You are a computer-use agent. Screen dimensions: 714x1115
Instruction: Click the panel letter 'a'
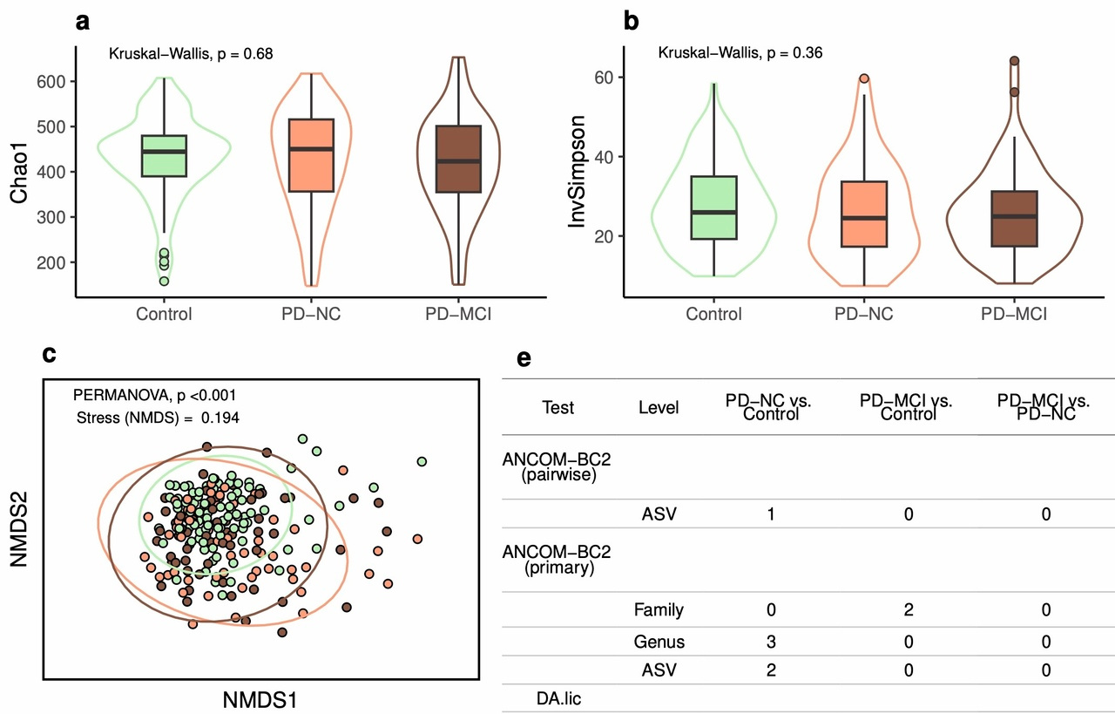83,22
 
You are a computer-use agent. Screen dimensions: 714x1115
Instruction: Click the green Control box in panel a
165,156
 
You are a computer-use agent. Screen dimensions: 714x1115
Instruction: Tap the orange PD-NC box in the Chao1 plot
311,155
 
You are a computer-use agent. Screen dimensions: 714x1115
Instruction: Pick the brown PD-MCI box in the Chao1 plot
457,159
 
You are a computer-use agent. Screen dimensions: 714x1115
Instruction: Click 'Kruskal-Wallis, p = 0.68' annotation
190,54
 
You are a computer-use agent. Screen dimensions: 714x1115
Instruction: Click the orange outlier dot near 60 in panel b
864,78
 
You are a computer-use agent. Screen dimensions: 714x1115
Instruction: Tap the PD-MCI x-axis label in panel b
1014,314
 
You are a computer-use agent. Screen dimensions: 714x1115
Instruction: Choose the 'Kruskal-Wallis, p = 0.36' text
740,54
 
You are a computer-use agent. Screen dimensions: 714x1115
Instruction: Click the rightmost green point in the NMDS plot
422,461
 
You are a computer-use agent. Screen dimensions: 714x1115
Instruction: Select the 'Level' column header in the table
659,407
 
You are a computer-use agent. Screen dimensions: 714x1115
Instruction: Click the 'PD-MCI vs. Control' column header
906,407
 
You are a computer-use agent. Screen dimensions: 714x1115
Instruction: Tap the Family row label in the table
659,610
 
